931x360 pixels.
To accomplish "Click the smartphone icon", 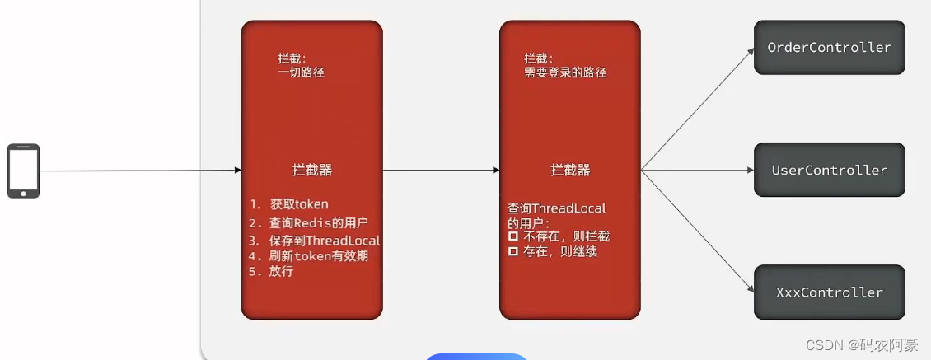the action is tap(23, 171).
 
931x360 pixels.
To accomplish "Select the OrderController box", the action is tap(829, 48).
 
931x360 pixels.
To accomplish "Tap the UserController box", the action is tap(829, 170).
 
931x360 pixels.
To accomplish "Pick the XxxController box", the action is tap(829, 292).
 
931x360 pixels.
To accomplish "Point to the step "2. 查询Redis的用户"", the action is tap(308, 223).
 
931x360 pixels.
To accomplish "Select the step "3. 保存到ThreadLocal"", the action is tap(315, 241).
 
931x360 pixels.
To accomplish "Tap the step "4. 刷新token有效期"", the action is tap(308, 256).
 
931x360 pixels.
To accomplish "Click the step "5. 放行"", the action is tap(271, 271).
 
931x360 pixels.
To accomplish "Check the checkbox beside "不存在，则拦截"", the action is tap(513, 236).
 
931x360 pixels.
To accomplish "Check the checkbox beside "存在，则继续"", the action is tap(513, 251).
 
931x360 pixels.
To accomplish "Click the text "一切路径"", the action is tap(302, 72).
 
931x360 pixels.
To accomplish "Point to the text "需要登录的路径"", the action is tap(565, 72).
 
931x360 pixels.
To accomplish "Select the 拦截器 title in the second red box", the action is tap(570, 170).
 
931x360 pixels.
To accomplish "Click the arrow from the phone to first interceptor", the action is tap(140, 171).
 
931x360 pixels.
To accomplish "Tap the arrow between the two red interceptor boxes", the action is tap(441, 171).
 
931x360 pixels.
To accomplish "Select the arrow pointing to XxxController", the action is tap(699, 231).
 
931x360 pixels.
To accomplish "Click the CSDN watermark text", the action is tap(862, 345).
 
